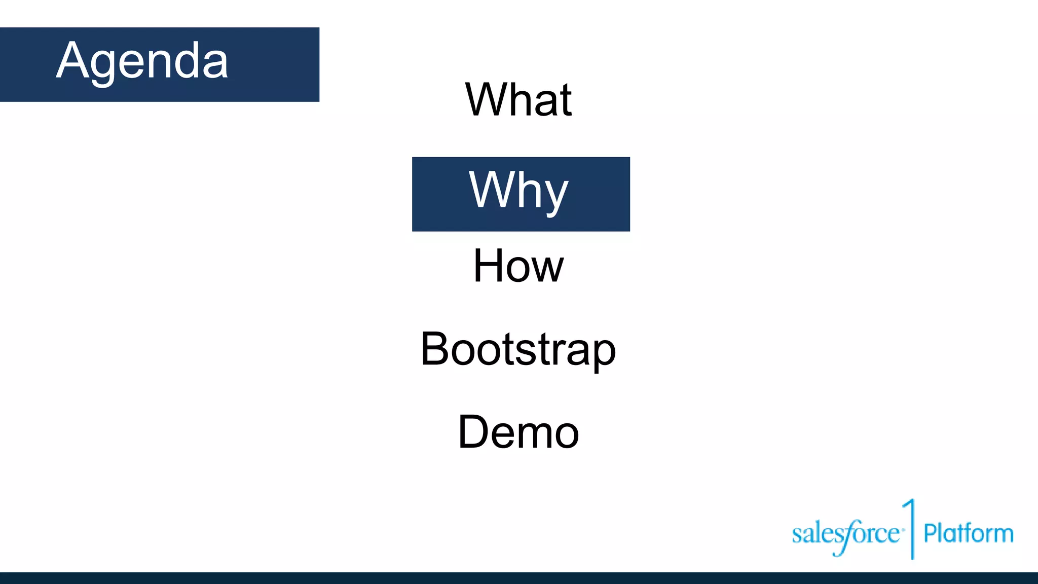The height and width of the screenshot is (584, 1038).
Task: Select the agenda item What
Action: point(518,100)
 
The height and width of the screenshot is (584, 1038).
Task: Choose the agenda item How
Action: point(518,266)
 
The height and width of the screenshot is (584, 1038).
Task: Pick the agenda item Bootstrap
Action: point(518,349)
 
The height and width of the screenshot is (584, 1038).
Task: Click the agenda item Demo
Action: point(518,432)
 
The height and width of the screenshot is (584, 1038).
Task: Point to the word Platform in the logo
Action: point(968,533)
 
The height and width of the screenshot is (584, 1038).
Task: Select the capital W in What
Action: point(489,99)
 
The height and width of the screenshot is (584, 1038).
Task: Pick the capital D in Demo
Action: point(474,431)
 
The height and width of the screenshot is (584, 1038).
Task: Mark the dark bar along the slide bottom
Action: point(519,578)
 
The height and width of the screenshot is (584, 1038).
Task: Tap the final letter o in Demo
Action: point(566,435)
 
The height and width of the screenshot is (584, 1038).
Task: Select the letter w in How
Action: point(546,269)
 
